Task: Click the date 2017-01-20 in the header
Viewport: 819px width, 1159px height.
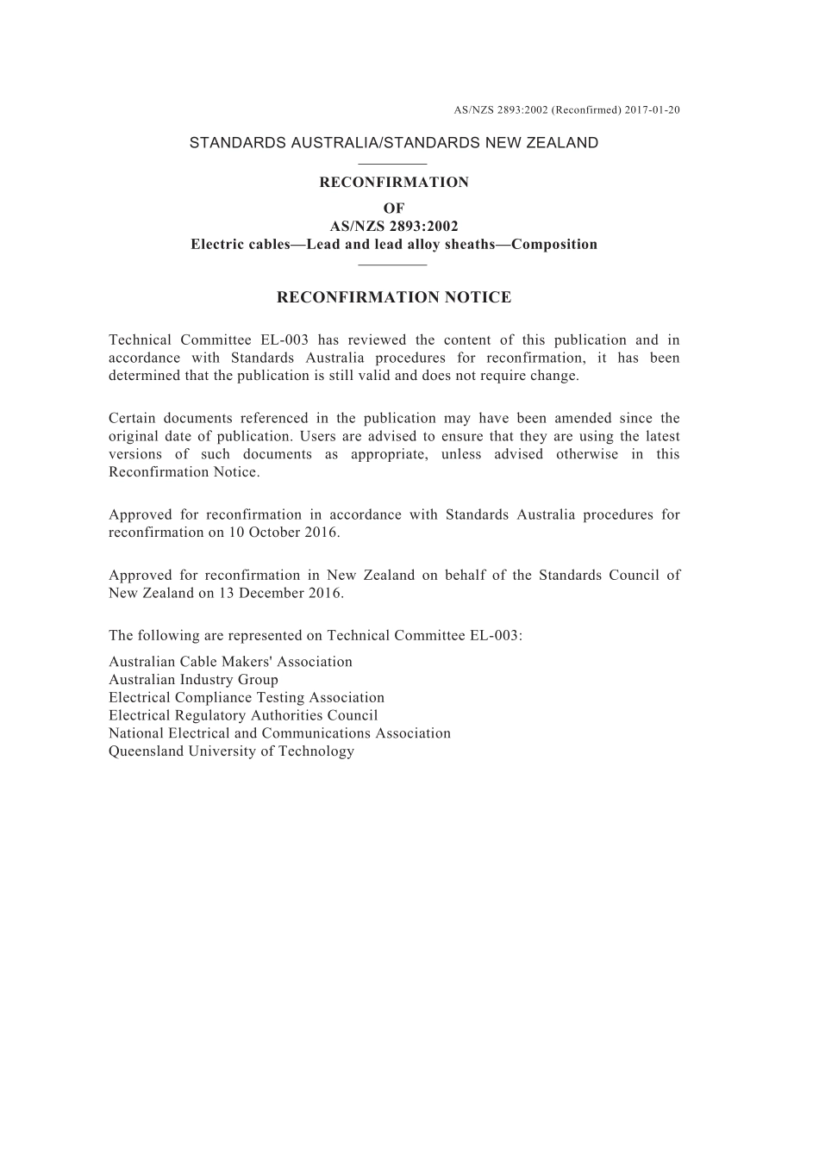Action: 653,110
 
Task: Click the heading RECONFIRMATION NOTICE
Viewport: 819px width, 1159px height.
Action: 394,297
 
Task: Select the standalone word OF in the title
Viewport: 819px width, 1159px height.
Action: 394,208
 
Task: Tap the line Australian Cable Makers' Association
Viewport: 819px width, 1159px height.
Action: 230,662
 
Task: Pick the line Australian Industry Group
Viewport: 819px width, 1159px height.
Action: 193,680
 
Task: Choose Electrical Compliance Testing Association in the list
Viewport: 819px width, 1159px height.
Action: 247,697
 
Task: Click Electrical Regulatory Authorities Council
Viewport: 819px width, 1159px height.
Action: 243,715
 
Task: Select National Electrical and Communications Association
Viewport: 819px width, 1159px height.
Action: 279,733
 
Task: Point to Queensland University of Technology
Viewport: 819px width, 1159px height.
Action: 231,751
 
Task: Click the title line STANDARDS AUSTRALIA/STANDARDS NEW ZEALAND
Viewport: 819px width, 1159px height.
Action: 394,143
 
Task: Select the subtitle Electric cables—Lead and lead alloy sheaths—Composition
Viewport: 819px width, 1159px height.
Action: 394,244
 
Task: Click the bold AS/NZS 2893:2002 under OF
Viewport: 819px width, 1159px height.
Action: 394,227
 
